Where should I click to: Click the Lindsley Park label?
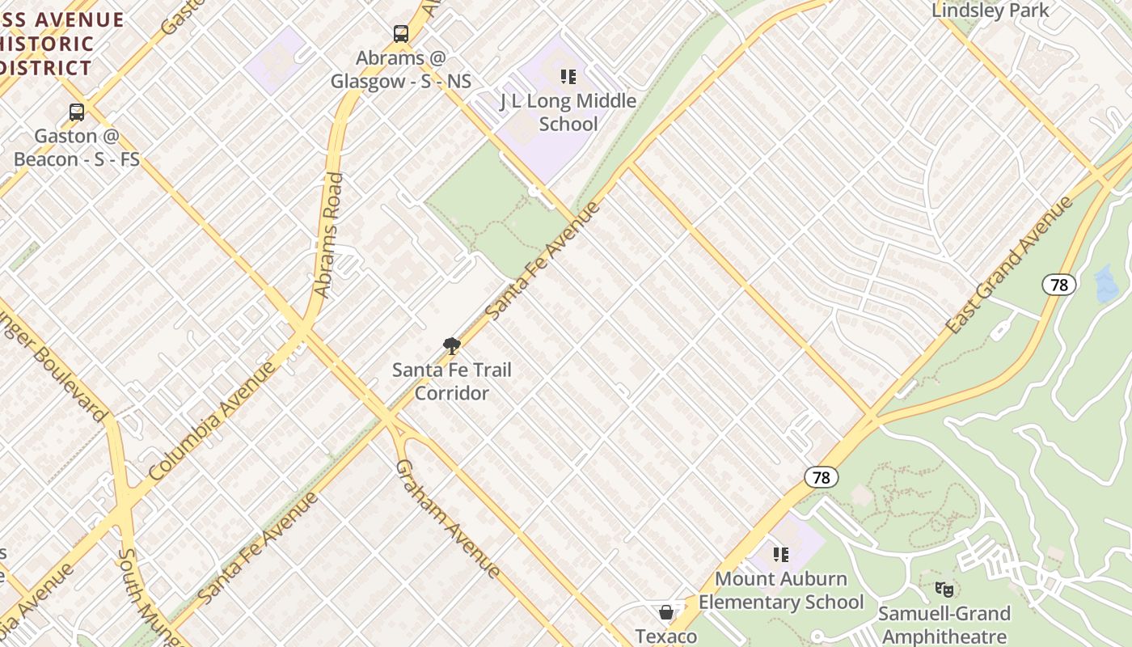pyautogui.click(x=990, y=11)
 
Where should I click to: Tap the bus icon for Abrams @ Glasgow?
pyautogui.click(x=401, y=34)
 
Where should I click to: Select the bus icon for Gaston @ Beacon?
pyautogui.click(x=77, y=112)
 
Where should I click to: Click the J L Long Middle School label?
pyautogui.click(x=568, y=112)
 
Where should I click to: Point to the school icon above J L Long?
pyautogui.click(x=568, y=77)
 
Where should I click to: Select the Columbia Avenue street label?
pyautogui.click(x=213, y=421)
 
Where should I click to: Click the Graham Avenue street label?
pyautogui.click(x=448, y=518)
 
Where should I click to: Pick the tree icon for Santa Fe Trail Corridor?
pyautogui.click(x=452, y=346)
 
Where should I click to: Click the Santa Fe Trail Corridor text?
pyautogui.click(x=452, y=382)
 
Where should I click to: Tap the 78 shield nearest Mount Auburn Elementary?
pyautogui.click(x=821, y=477)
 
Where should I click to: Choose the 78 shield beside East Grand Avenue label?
pyautogui.click(x=1058, y=285)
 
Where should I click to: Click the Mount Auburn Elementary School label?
pyautogui.click(x=781, y=590)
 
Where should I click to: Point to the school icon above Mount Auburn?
pyautogui.click(x=781, y=555)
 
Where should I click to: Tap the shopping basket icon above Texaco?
pyautogui.click(x=665, y=612)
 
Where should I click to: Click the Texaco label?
pyautogui.click(x=665, y=636)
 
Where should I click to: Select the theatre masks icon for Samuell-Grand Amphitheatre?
pyautogui.click(x=943, y=590)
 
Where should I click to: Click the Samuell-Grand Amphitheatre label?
pyautogui.click(x=943, y=624)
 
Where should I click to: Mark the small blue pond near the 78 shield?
pyautogui.click(x=1105, y=284)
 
